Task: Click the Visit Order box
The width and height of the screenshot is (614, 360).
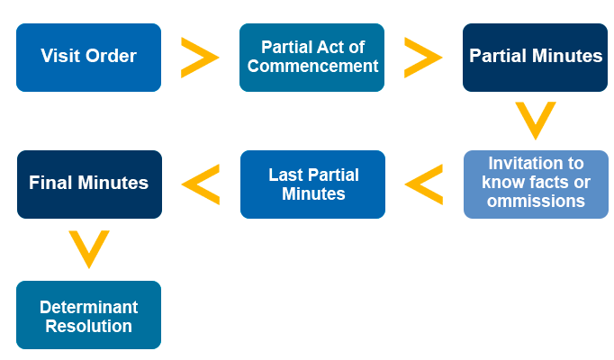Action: [x=88, y=58]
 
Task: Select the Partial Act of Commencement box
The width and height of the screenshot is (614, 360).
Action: [x=312, y=58]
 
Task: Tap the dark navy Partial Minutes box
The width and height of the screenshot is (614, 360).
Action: [x=535, y=58]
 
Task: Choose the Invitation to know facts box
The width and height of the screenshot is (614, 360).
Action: [x=536, y=184]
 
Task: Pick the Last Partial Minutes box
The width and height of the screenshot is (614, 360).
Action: [x=312, y=184]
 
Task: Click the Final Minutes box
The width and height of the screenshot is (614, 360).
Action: [x=89, y=184]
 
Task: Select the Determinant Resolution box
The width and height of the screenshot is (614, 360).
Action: [x=88, y=315]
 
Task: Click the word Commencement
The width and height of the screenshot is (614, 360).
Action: [x=312, y=66]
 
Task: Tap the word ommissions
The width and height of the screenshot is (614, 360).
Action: [x=536, y=201]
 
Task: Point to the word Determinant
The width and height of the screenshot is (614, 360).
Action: [x=88, y=307]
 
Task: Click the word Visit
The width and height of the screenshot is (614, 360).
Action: [x=61, y=56]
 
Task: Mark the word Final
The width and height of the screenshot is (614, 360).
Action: [x=50, y=183]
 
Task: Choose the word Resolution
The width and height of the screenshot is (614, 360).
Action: [x=88, y=326]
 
